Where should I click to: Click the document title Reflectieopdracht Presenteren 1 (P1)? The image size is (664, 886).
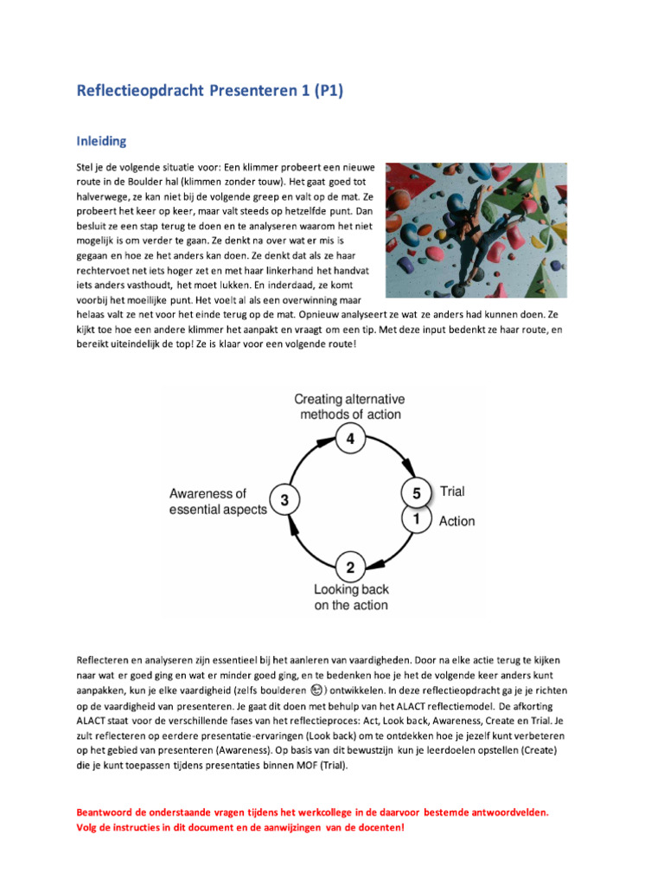210,91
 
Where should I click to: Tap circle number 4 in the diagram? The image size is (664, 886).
349,440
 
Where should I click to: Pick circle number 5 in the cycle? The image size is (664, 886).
416,494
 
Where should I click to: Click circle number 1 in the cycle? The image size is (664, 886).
416,519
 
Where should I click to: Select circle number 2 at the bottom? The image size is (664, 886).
349,568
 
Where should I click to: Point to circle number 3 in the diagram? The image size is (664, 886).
284,500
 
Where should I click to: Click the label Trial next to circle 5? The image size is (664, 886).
452,491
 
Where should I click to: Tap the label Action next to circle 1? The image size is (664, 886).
456,521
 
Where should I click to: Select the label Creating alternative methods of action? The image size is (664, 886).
349,407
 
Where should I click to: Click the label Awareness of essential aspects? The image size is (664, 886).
217,502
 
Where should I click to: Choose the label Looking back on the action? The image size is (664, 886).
351,597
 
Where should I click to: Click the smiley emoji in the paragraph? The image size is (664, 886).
317,690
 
